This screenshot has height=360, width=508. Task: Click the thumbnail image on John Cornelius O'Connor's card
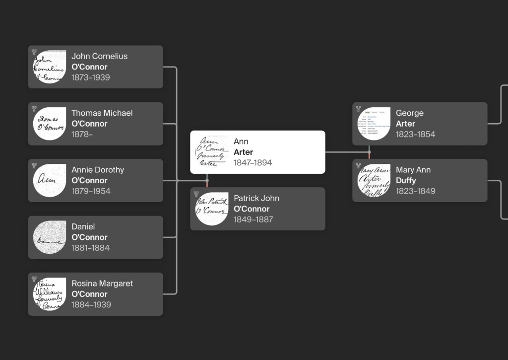tap(50, 67)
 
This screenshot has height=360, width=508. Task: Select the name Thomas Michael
tap(102, 113)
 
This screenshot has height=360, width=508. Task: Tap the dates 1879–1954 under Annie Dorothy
tap(91, 191)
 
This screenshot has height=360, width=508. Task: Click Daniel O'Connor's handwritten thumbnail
tap(50, 237)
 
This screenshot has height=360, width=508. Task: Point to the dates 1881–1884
tap(90, 248)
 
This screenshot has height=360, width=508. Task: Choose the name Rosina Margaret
tap(102, 284)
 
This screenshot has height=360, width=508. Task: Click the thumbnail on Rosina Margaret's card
tap(50, 294)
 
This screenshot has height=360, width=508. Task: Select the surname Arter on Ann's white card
tap(243, 152)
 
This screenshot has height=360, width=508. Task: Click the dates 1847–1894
tap(253, 163)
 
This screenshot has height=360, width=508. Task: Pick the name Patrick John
tap(256, 198)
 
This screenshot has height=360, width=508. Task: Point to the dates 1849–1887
tap(253, 219)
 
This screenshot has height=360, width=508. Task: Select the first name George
tap(409, 113)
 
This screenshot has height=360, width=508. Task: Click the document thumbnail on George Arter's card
tap(374, 124)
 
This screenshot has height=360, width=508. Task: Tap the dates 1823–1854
tap(415, 134)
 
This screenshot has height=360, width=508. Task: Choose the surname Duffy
tap(406, 180)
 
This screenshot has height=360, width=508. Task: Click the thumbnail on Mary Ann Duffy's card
tap(374, 180)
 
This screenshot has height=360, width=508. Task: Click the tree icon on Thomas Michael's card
tap(34, 109)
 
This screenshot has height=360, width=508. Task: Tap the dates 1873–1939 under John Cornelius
tap(90, 77)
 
